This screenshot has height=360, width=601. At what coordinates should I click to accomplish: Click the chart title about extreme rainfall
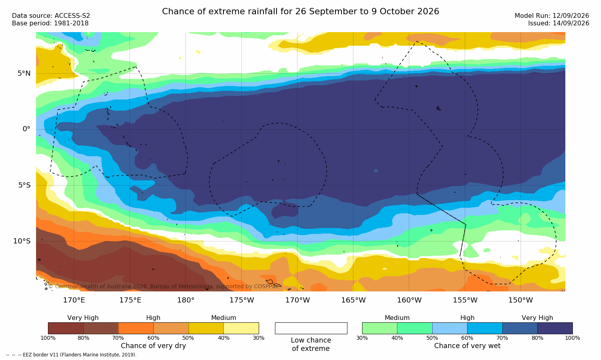(300, 11)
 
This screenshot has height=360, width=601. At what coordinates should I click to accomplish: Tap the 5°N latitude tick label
(24, 73)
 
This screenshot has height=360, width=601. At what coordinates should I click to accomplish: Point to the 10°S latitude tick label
(22, 241)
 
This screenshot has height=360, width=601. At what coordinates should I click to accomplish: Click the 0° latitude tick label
(27, 129)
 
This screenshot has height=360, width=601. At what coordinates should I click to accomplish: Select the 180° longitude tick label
(186, 300)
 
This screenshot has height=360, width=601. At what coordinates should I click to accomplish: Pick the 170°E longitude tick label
(74, 300)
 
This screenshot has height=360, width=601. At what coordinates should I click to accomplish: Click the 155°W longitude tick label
(465, 300)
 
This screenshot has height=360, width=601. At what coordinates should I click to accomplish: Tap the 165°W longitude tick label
(353, 300)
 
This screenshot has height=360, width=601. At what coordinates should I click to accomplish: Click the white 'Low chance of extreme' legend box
(311, 328)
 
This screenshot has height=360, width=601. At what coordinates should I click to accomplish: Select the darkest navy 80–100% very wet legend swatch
(555, 328)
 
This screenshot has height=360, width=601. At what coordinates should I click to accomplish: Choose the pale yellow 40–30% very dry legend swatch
(241, 328)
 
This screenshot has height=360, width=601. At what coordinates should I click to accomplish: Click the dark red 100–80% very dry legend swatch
(66, 328)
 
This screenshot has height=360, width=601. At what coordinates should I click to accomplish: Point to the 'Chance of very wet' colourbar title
(467, 346)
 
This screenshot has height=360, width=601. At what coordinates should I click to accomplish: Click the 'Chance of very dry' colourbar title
(153, 346)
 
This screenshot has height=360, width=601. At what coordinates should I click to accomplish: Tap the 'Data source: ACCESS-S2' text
(51, 16)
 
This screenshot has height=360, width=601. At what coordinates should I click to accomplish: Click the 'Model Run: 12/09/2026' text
(552, 16)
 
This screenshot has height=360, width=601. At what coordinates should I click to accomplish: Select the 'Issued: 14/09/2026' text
(559, 23)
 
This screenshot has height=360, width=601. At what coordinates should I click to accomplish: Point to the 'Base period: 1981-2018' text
(50, 23)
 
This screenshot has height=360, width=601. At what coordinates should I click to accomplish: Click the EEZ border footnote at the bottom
(71, 355)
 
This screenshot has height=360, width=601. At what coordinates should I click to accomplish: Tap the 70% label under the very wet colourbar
(502, 338)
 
